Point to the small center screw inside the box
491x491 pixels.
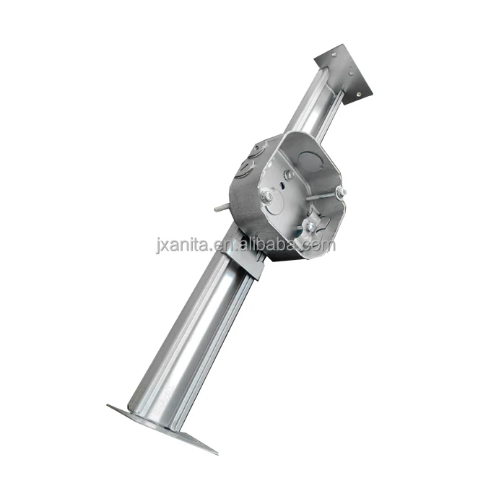[288, 175]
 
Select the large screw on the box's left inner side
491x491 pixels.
[266, 195]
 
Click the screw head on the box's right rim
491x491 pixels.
[339, 192]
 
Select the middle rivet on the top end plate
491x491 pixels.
[350, 72]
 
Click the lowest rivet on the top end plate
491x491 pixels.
[359, 90]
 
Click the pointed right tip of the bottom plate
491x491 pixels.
[215, 452]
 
